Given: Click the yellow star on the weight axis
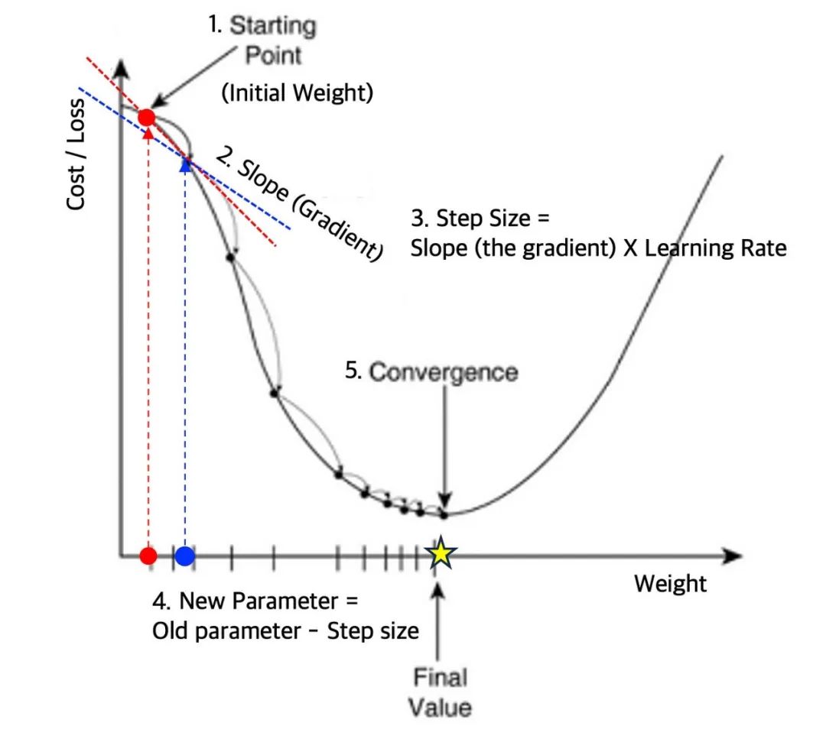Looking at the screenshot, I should point(441,554).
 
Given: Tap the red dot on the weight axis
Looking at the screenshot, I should point(149,556).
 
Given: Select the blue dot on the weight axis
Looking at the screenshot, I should point(184,556).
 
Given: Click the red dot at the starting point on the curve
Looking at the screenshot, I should point(147,118).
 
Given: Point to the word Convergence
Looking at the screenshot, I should point(443,373).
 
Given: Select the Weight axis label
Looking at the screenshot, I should point(670,585).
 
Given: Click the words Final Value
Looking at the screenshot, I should point(439,692).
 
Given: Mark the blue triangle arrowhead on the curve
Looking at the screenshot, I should point(184,164).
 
